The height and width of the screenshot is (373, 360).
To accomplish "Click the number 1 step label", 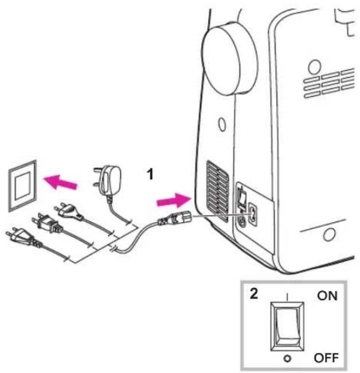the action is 150,174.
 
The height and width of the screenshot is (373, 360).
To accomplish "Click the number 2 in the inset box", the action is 254,294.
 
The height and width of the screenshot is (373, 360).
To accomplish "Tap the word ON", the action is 327,296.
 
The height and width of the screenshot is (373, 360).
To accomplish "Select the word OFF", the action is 326,358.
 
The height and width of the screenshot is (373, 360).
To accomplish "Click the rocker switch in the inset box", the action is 287,327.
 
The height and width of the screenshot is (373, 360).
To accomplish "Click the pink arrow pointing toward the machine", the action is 174,201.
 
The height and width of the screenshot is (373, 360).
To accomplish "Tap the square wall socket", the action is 22,186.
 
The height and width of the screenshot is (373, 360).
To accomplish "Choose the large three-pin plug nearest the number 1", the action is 108,180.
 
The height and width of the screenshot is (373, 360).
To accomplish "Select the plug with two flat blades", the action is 47,223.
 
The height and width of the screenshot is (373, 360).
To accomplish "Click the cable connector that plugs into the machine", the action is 175,218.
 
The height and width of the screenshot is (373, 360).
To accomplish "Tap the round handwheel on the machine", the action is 229,59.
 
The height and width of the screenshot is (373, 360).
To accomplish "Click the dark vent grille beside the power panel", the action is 217,191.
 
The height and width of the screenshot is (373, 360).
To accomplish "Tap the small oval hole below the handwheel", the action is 222,124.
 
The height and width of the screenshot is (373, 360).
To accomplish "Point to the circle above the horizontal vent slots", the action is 315,67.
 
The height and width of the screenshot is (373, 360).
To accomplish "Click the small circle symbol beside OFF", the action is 287,359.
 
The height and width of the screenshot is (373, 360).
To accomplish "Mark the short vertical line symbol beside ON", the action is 287,297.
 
